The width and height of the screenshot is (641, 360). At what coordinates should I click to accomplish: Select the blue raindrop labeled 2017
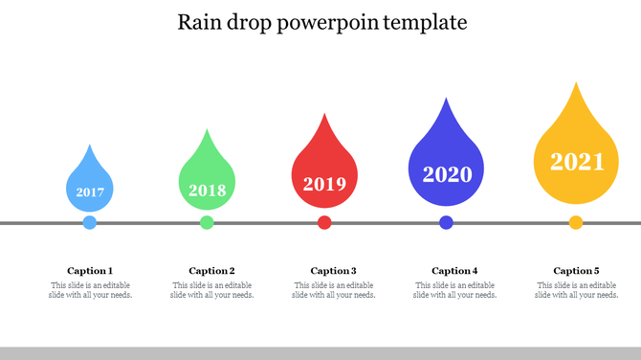pos(90,186)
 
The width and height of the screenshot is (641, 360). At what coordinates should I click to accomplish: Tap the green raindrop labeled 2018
pos(207,182)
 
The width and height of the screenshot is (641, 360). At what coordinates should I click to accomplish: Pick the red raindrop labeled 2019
pos(324,176)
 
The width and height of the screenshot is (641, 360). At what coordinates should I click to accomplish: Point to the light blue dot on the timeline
pos(90,223)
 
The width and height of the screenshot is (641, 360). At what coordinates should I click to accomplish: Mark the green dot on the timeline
pos(207,223)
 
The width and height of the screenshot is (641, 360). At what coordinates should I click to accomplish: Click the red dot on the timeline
pos(324,223)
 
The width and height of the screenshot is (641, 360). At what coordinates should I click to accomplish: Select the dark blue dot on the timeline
pos(446,223)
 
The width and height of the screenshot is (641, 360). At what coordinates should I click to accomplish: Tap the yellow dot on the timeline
pos(576,223)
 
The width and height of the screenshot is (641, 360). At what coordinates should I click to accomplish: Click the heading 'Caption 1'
pos(90,271)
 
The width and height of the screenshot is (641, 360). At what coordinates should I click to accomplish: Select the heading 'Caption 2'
pos(211,271)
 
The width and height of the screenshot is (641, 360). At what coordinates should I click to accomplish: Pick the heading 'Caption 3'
pos(333,271)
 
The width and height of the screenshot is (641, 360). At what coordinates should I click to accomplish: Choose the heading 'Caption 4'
pos(454,271)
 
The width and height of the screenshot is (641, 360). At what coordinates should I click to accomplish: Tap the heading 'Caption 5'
pos(576,271)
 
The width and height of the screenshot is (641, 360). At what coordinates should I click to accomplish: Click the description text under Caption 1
pos(90,290)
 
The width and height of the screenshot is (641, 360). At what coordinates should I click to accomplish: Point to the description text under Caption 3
pos(333,290)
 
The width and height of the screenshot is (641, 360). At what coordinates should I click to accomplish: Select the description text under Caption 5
pos(576,290)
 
